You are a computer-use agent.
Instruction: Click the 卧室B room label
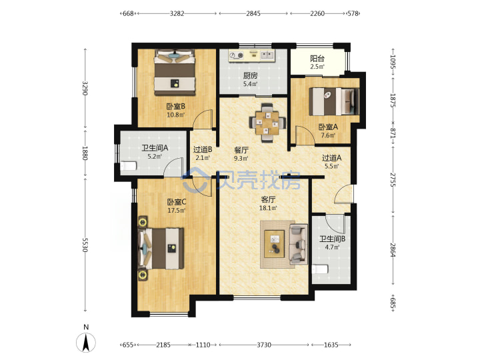[x=176, y=106]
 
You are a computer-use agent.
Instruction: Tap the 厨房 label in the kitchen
[x=251, y=75]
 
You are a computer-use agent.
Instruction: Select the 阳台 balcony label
[x=317, y=58]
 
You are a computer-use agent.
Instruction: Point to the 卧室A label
[x=328, y=127]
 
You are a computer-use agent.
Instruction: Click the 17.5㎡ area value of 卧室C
[x=176, y=211]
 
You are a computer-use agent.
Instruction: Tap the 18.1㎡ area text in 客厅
[x=268, y=208]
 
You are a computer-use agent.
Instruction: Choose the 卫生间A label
[x=155, y=148]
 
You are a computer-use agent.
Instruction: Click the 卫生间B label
[x=333, y=239]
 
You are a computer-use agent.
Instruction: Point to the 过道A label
[x=331, y=158]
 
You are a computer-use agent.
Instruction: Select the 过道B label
[x=203, y=150]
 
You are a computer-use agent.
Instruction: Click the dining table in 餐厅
[x=268, y=123]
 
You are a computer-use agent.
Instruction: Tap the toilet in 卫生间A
[x=129, y=166]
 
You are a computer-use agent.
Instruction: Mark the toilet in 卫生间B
[x=320, y=269]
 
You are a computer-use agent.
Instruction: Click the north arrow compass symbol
[x=86, y=343]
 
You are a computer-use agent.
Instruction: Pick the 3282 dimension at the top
[x=177, y=13]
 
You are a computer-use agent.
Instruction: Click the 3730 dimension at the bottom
[x=264, y=345]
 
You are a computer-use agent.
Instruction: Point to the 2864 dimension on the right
[x=393, y=250]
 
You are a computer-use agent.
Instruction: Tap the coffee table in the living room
[x=275, y=244]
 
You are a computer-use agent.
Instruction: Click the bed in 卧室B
[x=175, y=73]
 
